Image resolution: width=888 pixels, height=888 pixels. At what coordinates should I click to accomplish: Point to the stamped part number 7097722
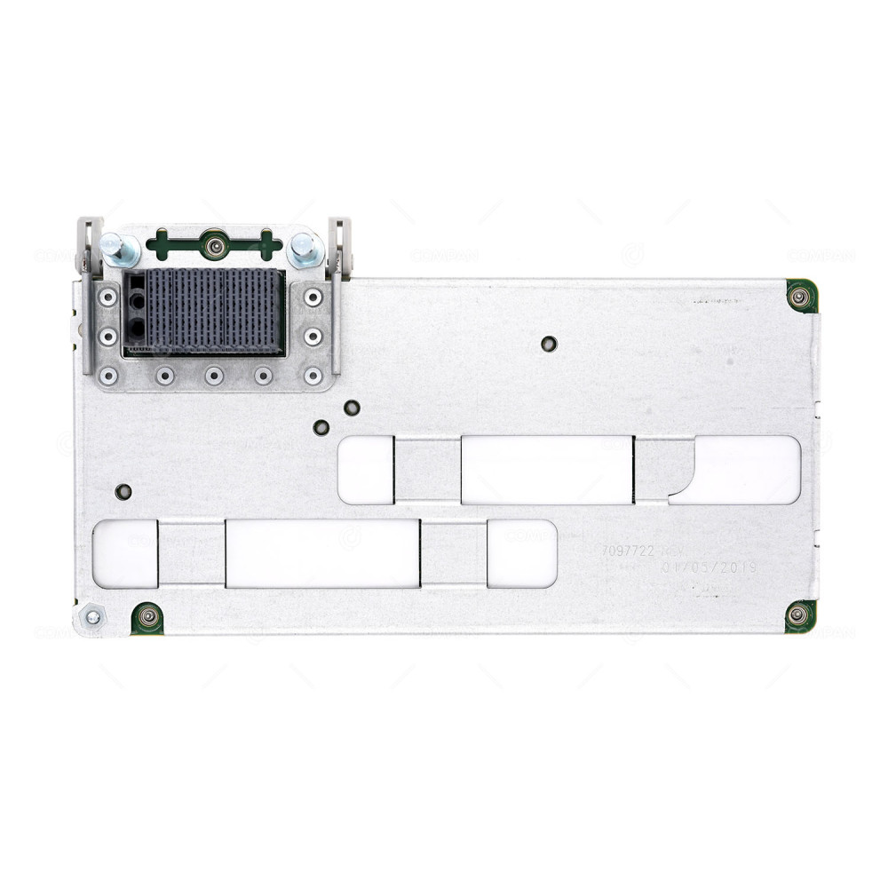coord(628,551)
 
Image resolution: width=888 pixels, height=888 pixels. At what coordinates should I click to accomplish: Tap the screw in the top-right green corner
coord(800,296)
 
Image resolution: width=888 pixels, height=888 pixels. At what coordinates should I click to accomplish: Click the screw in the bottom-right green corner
coord(798,614)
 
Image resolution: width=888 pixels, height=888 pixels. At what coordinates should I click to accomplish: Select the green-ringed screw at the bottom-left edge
coord(147,617)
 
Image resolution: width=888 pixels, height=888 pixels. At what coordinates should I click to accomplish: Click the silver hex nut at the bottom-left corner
coord(92,615)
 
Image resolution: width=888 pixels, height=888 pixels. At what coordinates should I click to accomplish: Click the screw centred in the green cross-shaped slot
coord(213,243)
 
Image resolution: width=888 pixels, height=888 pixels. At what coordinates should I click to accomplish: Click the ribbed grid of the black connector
coord(215,313)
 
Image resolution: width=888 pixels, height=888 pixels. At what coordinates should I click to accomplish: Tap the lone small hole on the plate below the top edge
coord(549,344)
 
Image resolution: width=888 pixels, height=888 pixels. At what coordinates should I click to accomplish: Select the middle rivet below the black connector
coord(214,376)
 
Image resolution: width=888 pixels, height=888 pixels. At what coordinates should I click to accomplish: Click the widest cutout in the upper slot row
coord(546,470)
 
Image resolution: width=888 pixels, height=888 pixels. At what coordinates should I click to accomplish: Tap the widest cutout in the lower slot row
coord(321,553)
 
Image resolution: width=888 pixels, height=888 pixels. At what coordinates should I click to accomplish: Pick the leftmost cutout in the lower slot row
coord(125,553)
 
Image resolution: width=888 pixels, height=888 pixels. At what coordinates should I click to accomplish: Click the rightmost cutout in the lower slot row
coord(521,553)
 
